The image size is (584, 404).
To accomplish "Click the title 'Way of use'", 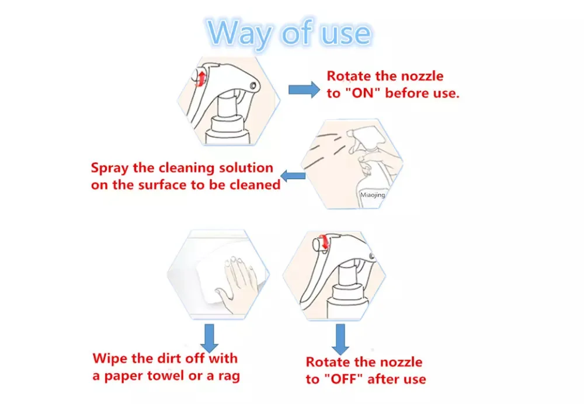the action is pyautogui.click(x=289, y=33).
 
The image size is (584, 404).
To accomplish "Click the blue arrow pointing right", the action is pyautogui.click(x=304, y=89).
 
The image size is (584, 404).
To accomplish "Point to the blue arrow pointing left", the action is pyautogui.click(x=293, y=176).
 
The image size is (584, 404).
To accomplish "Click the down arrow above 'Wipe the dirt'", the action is pyautogui.click(x=209, y=337).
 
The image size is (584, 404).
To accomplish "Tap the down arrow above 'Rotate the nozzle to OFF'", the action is pyautogui.click(x=340, y=339).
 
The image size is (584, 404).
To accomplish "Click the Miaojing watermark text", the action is pyautogui.click(x=373, y=195).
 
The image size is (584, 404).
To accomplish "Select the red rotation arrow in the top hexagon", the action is pyautogui.click(x=201, y=78).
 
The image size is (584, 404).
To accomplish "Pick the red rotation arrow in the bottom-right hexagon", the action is pyautogui.click(x=325, y=241).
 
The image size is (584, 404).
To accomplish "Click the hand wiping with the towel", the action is pyautogui.click(x=235, y=283).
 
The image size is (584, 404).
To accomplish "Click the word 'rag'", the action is pyautogui.click(x=229, y=377).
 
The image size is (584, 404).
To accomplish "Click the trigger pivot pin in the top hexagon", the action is pyautogui.click(x=253, y=86).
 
